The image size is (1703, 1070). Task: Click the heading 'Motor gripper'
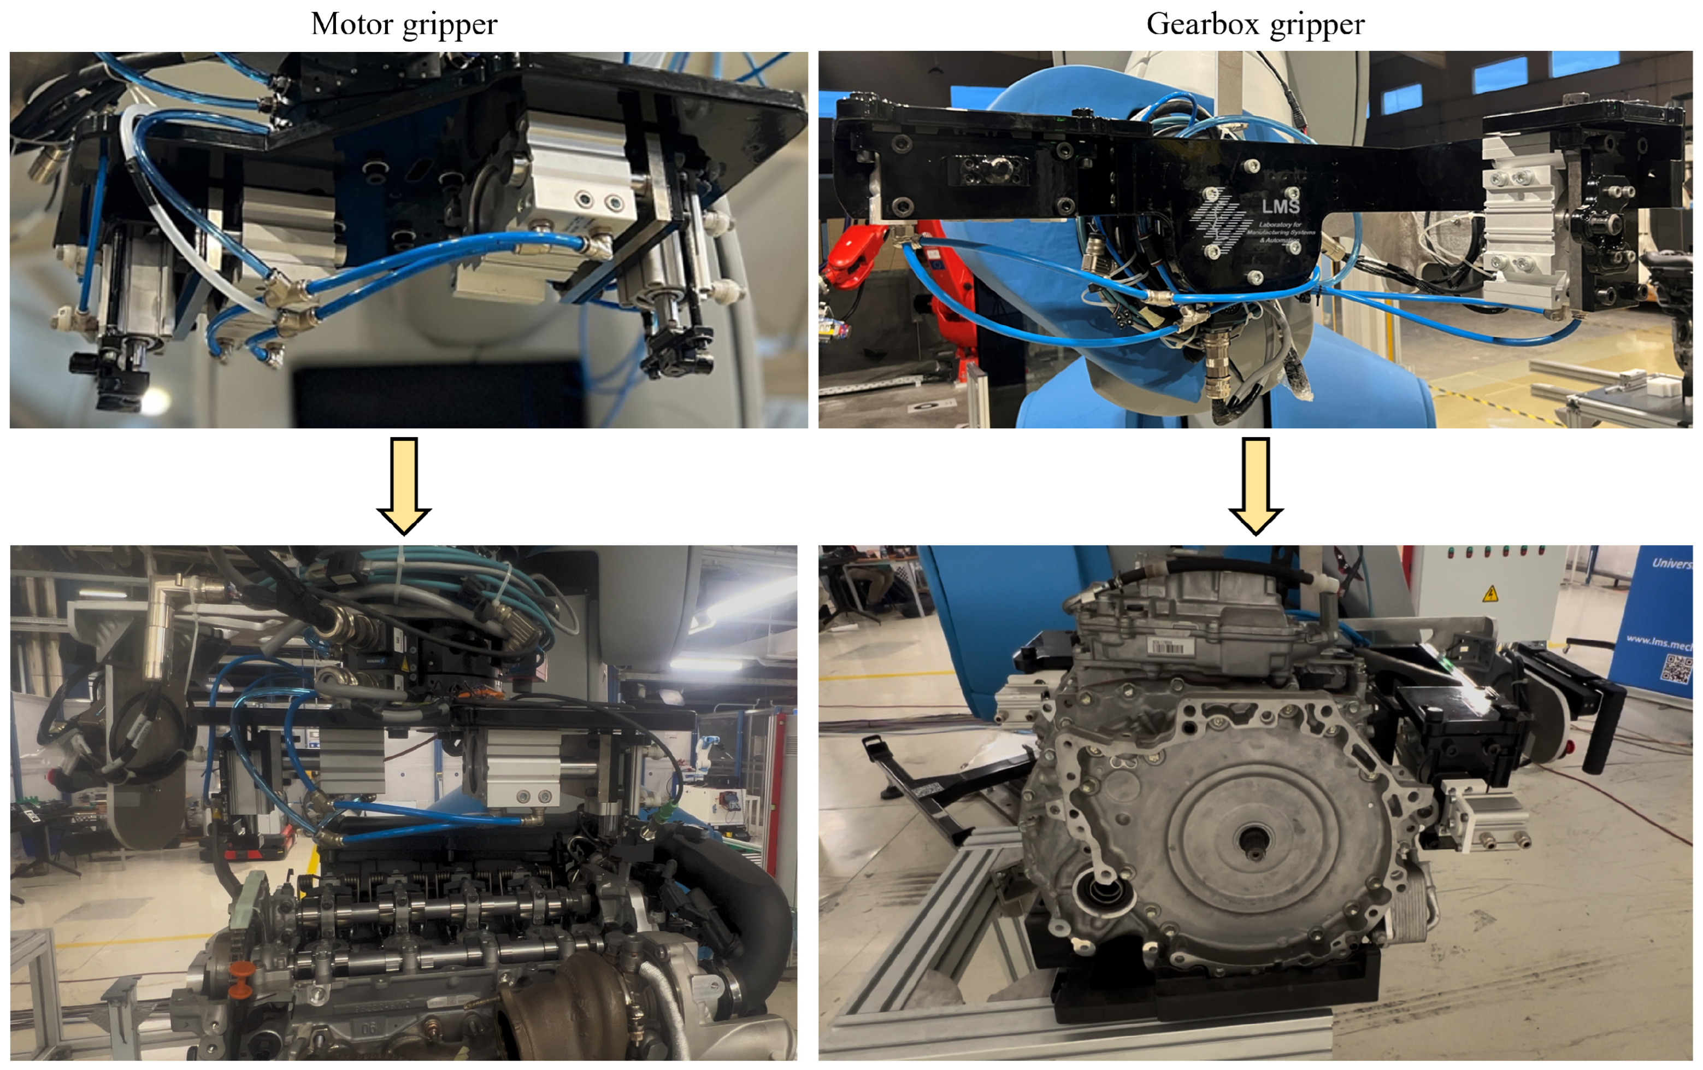pyautogui.click(x=404, y=24)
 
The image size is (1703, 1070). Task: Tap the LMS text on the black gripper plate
pyautogui.click(x=1280, y=206)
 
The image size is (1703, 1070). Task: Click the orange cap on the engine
pyautogui.click(x=242, y=971)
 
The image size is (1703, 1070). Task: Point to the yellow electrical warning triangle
pyautogui.click(x=1490, y=592)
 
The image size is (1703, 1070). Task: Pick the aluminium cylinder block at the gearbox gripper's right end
pyautogui.click(x=1517, y=226)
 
